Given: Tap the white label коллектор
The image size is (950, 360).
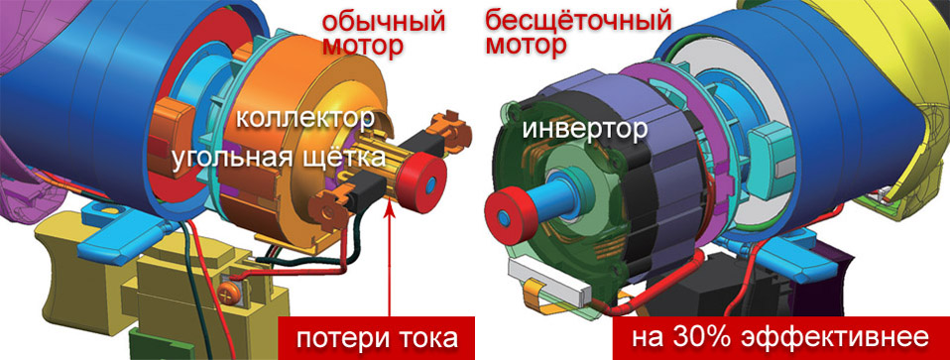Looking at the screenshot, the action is coord(304,119).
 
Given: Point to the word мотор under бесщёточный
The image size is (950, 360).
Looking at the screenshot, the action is coord(527,46).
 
